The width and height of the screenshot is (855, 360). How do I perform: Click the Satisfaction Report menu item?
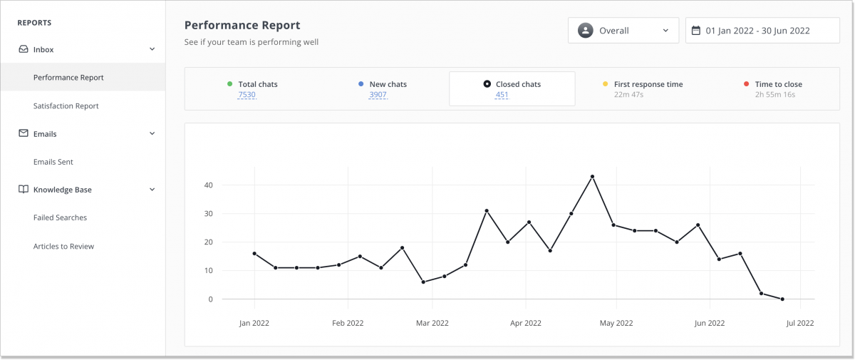pyautogui.click(x=66, y=106)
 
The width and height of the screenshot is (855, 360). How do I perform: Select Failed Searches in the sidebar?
pyautogui.click(x=60, y=217)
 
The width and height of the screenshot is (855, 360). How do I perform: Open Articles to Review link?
pyautogui.click(x=63, y=246)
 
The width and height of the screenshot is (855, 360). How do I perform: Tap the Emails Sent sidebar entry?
pyautogui.click(x=53, y=162)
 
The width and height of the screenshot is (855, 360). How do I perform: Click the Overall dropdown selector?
pyautogui.click(x=623, y=31)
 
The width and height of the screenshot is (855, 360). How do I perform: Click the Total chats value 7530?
pyautogui.click(x=247, y=95)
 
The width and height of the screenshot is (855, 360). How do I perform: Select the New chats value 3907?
pyautogui.click(x=378, y=95)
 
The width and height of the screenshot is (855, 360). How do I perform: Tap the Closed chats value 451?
pyautogui.click(x=502, y=95)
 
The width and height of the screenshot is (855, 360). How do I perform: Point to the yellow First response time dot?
pyautogui.click(x=606, y=84)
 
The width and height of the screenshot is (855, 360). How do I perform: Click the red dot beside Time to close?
pyautogui.click(x=747, y=84)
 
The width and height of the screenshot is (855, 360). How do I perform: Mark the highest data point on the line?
pyautogui.click(x=592, y=176)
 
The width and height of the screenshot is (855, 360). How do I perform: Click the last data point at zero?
pyautogui.click(x=782, y=299)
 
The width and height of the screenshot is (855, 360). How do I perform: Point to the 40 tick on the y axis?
pyautogui.click(x=207, y=185)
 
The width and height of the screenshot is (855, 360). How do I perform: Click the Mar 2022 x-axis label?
pyautogui.click(x=432, y=323)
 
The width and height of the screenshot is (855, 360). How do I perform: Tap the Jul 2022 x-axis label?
pyautogui.click(x=799, y=323)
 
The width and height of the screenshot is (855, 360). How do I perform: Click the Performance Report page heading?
pyautogui.click(x=242, y=26)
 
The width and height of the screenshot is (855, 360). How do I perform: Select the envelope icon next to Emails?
pyautogui.click(x=24, y=133)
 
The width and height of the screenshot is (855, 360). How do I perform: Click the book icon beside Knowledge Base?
pyautogui.click(x=24, y=190)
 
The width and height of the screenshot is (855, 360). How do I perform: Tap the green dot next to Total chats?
pyautogui.click(x=229, y=84)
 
